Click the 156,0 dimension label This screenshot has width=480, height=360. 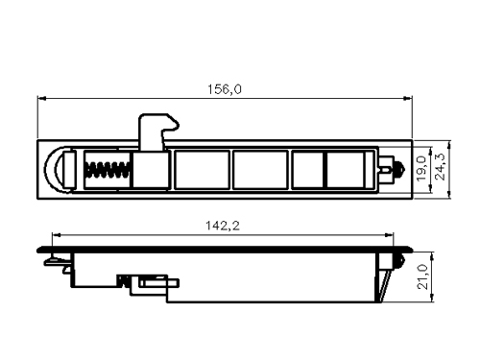coord(225,89)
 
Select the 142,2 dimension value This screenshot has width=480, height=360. coord(223,226)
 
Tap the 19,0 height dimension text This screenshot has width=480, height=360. coord(421,168)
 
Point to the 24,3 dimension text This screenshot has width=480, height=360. coord(441,167)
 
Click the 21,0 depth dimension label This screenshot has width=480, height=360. coord(423,276)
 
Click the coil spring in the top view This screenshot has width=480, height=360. coord(108,170)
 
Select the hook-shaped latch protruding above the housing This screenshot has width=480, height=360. coord(156,132)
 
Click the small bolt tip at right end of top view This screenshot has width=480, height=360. coord(400,168)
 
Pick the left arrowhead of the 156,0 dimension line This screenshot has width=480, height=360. coord(41,98)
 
